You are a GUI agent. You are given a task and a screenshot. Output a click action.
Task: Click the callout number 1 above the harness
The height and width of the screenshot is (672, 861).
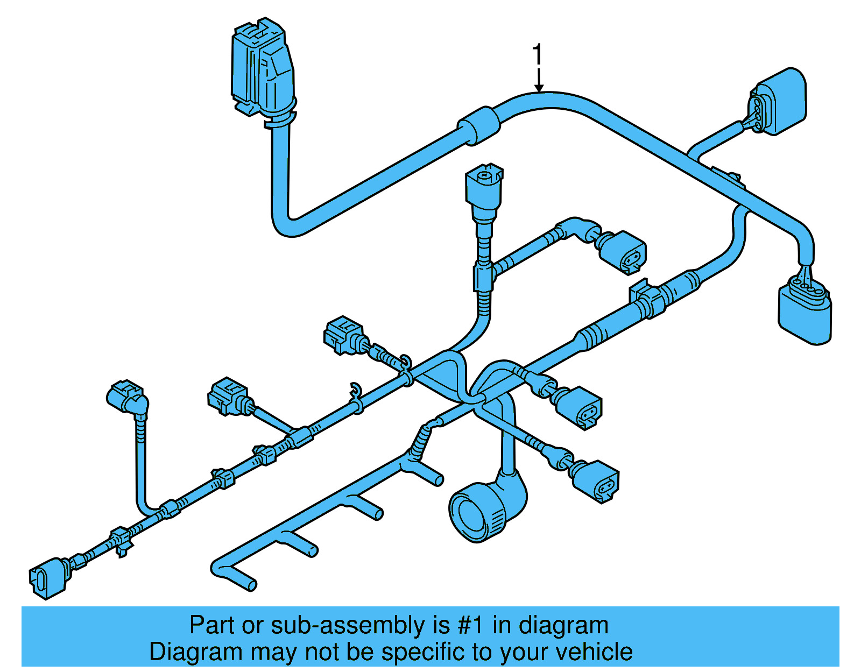(x=537, y=56)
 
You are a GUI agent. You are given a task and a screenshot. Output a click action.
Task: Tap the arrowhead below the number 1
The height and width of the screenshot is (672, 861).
(x=539, y=88)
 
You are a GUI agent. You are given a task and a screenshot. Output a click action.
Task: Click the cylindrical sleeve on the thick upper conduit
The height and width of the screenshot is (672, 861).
(x=478, y=125)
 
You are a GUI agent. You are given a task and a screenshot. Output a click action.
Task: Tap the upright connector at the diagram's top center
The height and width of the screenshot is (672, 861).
(x=484, y=191)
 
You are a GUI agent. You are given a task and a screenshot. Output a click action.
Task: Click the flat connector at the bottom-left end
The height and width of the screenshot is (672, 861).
(x=48, y=578)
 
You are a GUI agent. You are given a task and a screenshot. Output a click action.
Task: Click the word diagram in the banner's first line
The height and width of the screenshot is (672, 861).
(x=563, y=626)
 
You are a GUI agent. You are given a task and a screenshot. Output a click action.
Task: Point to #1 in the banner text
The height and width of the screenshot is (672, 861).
(x=470, y=626)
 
